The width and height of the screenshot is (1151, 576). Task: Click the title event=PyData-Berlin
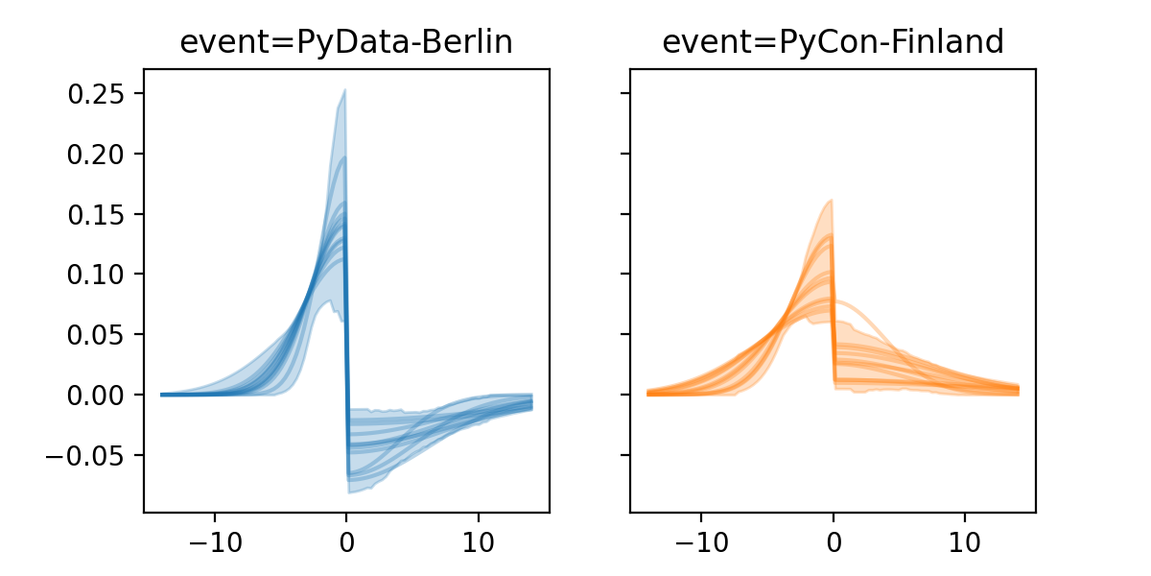[346, 43]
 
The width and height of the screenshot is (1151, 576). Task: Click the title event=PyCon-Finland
[833, 43]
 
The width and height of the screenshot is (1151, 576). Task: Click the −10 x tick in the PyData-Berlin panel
[214, 539]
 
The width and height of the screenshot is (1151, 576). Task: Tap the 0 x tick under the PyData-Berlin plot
[346, 539]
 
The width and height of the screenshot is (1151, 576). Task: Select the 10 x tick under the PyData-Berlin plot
[479, 539]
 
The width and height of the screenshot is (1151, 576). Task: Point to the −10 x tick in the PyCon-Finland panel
[700, 539]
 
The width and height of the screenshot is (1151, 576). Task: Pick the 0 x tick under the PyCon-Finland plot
[833, 539]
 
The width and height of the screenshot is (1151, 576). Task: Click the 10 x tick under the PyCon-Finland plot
[965, 539]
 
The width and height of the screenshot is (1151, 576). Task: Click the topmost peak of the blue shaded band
[344, 90]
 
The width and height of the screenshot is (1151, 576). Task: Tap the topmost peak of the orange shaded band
[831, 200]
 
